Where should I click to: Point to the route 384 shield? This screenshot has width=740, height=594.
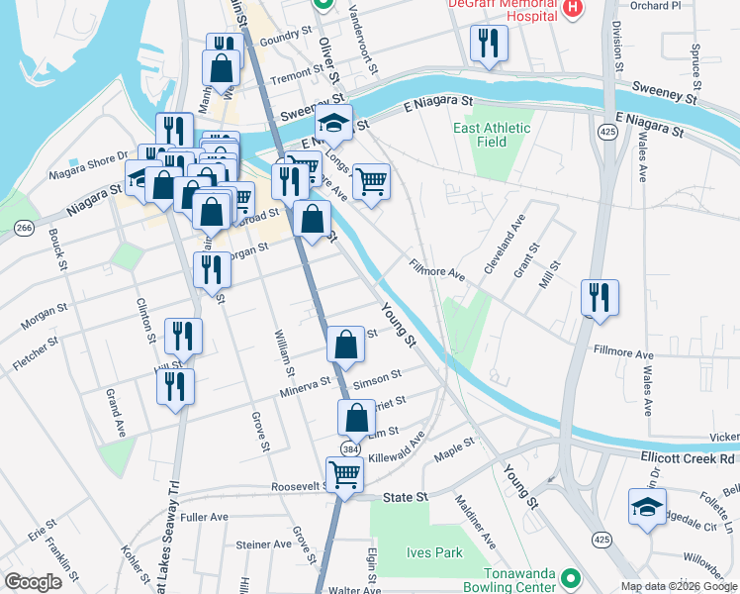(x=350, y=448)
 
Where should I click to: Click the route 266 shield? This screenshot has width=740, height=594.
(x=24, y=229)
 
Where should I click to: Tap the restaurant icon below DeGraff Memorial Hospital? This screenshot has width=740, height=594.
(x=489, y=43)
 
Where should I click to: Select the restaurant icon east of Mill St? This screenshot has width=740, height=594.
(x=600, y=297)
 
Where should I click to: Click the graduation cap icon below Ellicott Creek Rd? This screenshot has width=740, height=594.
(x=647, y=506)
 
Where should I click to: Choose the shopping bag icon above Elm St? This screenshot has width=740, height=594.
(x=357, y=418)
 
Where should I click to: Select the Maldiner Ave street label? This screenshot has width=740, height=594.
(x=475, y=522)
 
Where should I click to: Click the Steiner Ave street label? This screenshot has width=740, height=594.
(x=260, y=544)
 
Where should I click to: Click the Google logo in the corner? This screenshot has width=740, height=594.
(x=33, y=582)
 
